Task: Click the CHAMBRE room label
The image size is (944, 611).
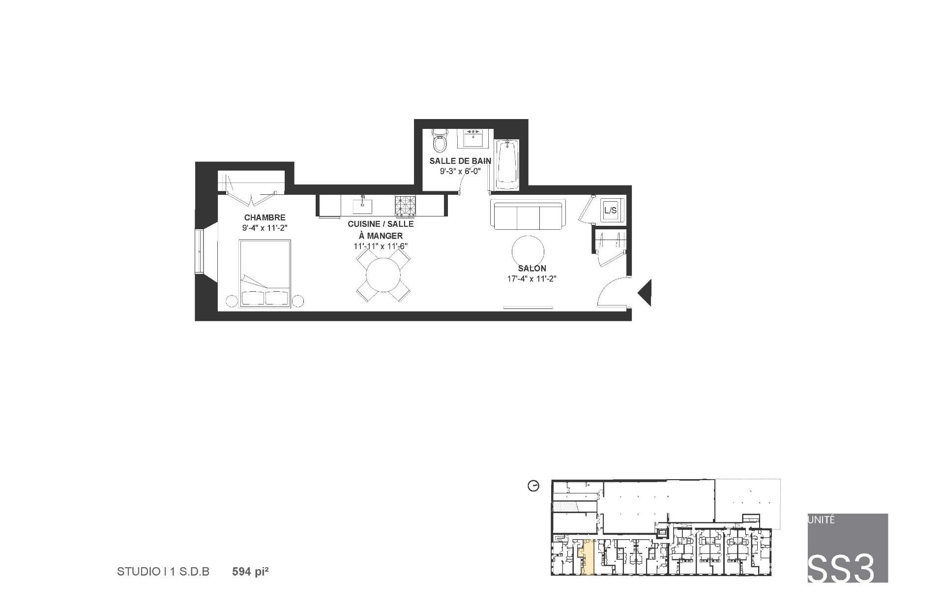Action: pyautogui.click(x=265, y=217)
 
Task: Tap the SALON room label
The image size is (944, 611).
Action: pyautogui.click(x=532, y=269)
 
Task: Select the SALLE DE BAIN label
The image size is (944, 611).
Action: pyautogui.click(x=460, y=161)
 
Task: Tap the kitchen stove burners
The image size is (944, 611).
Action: pyautogui.click(x=406, y=206)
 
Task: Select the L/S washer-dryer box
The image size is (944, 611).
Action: pyautogui.click(x=610, y=211)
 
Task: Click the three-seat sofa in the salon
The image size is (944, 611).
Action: pyautogui.click(x=529, y=215)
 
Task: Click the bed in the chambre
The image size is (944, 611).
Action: pyautogui.click(x=265, y=273)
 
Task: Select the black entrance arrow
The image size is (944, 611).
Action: pyautogui.click(x=645, y=293)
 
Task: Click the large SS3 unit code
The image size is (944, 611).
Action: pyautogui.click(x=841, y=568)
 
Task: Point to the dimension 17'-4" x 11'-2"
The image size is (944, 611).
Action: pyautogui.click(x=532, y=278)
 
